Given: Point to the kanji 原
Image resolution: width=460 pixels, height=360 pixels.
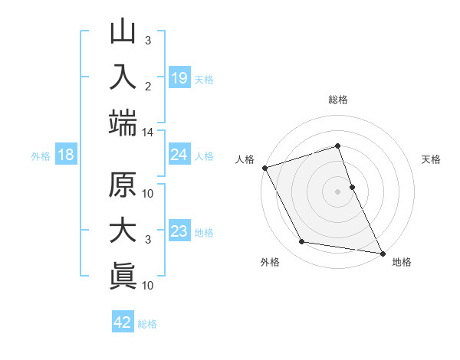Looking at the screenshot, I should [123, 186].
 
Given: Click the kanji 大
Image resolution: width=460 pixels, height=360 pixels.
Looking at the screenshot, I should [123, 231].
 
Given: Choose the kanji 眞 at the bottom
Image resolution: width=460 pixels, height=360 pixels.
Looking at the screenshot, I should [123, 277].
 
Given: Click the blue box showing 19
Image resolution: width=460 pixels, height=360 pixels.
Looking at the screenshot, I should [179, 78].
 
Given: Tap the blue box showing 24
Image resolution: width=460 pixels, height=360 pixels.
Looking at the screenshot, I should [179, 155].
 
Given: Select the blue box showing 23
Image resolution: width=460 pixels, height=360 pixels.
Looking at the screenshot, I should [179, 231].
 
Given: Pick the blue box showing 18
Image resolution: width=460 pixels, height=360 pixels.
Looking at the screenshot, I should [66, 155].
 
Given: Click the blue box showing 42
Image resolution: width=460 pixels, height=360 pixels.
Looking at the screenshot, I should [123, 322].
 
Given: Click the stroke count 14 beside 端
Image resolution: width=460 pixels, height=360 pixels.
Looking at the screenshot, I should [147, 133].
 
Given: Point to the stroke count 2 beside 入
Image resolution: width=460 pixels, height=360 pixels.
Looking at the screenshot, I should [148, 86].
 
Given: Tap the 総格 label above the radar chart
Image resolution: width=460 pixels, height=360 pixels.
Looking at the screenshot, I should [338, 100].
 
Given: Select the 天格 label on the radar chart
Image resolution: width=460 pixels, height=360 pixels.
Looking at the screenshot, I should [431, 159].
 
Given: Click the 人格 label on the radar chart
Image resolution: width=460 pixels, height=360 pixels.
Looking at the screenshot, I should [245, 159].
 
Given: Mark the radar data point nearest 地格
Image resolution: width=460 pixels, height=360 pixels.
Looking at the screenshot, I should [382, 252].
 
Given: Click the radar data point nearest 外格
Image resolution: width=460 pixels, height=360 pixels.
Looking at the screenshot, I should [301, 242].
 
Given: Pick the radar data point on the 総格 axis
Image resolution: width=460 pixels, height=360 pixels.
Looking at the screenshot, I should [338, 146].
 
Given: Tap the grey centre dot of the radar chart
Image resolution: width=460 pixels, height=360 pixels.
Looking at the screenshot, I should [338, 191].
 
